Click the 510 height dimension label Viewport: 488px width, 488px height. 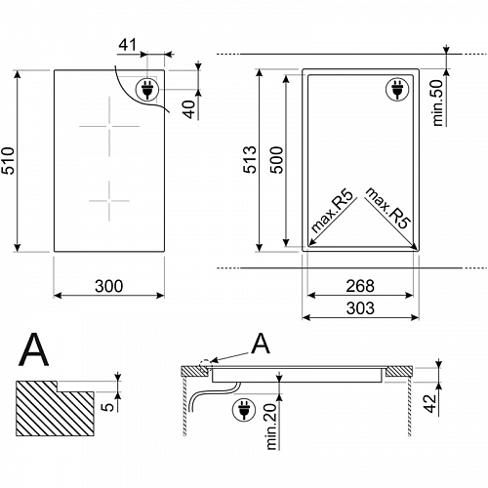pos(8,160)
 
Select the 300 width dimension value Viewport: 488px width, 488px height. pos(109,286)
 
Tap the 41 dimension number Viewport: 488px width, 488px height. pos(128,45)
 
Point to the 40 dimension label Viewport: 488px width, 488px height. pos(189,109)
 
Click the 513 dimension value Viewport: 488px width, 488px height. pos(250,159)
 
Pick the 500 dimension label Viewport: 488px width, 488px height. pos(277,160)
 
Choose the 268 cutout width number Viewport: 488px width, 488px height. pos(360,286)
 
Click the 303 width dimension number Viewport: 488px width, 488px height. pos(360,308)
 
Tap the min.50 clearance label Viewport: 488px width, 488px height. pos(438,102)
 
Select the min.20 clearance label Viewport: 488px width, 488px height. pos(271,427)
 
